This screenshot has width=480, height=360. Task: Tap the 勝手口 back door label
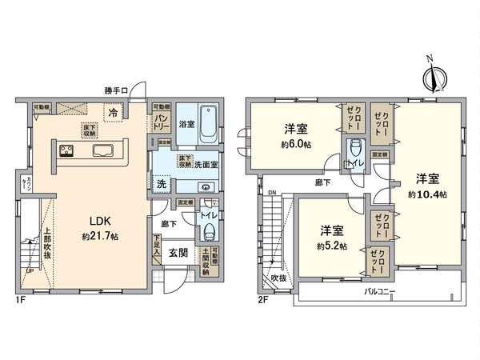point(118,90)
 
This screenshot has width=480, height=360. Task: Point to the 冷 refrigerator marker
point(114,113)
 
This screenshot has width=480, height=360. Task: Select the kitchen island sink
point(104,152)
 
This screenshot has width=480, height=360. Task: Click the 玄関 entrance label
point(180,254)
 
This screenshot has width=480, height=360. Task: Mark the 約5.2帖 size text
point(330,246)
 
